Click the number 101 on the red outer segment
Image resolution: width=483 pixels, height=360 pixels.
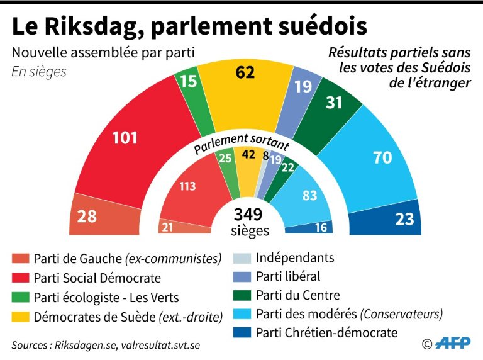[125, 137]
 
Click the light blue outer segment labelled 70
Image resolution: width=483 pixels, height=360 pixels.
[382, 158]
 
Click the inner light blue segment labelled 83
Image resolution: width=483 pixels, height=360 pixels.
[309, 196]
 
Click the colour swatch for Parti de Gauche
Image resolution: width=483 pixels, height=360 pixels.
[20, 259]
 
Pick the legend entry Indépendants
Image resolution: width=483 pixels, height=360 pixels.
[294, 257]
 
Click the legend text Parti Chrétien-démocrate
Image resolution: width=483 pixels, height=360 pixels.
[326, 332]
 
